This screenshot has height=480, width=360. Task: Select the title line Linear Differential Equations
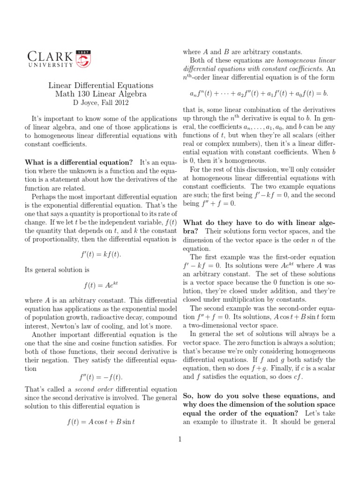101,85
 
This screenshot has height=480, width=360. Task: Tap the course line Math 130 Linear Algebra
101,94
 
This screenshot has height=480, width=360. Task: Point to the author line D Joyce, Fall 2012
101,102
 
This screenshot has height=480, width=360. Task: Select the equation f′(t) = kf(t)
101,254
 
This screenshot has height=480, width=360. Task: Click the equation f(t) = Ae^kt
101,285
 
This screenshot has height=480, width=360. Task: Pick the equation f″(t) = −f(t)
101,377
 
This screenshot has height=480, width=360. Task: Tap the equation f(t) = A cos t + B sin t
101,421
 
